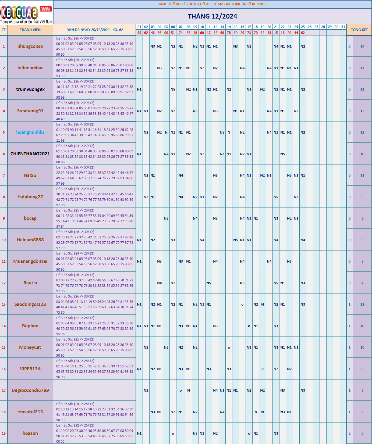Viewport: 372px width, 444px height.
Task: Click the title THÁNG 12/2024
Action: pos(212,16)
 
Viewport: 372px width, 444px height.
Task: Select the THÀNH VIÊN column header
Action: pos(30,30)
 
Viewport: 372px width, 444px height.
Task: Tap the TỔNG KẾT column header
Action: pos(359,30)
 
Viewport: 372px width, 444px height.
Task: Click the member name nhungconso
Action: pos(30,46)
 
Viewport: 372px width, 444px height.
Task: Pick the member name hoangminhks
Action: pos(30,132)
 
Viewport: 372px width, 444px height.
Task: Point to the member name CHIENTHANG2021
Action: pos(30,154)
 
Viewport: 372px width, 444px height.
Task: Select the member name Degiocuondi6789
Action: pos(30,390)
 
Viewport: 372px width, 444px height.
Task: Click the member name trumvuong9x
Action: pos(30,89)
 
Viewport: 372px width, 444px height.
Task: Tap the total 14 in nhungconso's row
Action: pos(362,46)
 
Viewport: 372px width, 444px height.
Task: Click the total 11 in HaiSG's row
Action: pos(362,176)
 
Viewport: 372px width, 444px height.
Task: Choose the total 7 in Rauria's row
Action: pos(362,283)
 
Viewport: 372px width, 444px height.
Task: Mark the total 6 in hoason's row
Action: pos(362,434)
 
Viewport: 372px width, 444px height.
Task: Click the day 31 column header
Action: pos(343,27)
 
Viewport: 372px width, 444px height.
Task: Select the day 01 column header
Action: pos(139,27)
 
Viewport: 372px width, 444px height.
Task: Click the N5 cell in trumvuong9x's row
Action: pos(173,89)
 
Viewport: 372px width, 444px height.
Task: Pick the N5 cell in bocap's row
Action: pos(166,219)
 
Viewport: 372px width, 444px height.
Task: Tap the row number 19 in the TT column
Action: pos(4,434)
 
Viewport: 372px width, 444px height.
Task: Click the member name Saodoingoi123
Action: pos(30,304)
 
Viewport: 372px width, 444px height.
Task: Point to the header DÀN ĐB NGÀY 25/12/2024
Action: pos(94,30)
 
